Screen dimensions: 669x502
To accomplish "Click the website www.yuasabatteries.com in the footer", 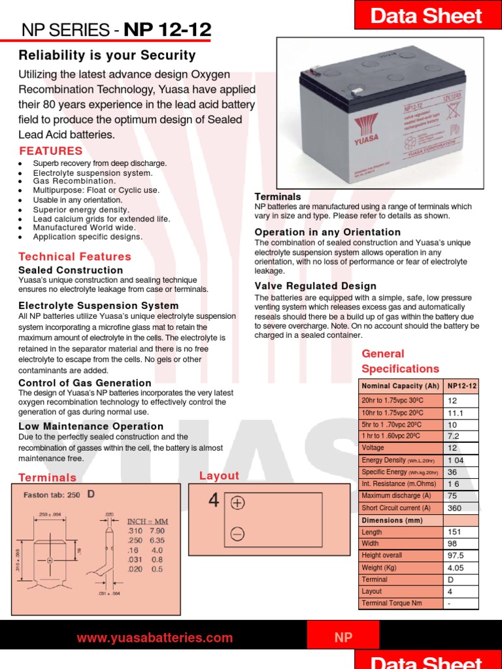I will coord(154,638).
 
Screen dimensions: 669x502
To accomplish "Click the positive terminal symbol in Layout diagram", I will coord(237,503).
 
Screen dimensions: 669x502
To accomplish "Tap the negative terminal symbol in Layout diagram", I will coord(237,534).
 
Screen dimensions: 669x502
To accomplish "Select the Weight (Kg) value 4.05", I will coord(456,568).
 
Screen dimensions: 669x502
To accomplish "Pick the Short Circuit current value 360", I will coord(454,508).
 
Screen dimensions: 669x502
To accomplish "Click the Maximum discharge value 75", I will coord(452,496).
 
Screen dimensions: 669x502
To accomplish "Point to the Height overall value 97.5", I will coord(456,555).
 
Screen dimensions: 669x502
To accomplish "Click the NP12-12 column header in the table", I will coord(461,386).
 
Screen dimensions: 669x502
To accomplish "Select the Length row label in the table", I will coord(372,532).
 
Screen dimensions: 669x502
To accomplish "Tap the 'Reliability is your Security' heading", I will coord(107,56).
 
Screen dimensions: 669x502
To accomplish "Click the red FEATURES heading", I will coord(51,151).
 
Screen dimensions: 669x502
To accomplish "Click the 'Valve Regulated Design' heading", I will coord(315,286).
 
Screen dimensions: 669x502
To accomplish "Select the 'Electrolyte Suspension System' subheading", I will coord(98,306).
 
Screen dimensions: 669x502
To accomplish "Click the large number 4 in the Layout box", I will coord(213,500).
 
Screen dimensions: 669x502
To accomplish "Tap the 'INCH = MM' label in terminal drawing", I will coord(147,521).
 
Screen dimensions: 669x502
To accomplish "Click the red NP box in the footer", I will coord(343,638).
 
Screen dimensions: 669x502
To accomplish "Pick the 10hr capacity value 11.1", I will coord(455,413).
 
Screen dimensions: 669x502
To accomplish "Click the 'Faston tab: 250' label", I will coord(52,495).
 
